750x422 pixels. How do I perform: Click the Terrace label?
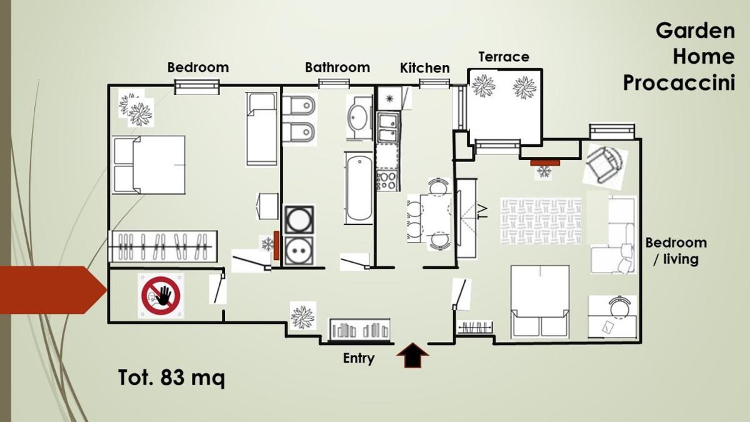504,57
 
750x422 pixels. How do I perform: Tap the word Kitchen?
424,68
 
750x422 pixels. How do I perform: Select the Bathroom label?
337,68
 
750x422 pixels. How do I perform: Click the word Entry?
359,358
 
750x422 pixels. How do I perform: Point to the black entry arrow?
412,355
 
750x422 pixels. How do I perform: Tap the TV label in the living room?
482,212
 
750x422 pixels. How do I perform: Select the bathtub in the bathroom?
359,188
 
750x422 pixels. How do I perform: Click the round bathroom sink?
359,118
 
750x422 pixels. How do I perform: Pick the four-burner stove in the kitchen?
387,181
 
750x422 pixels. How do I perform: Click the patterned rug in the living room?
541,221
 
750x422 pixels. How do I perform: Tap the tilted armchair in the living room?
605,166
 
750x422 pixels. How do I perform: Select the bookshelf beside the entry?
359,329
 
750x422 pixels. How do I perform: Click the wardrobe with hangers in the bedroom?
163,246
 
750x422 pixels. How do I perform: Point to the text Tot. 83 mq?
171,378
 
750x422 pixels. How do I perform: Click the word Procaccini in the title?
679,83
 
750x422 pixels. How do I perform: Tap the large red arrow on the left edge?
53,290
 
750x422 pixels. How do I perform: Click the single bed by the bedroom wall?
261,129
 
